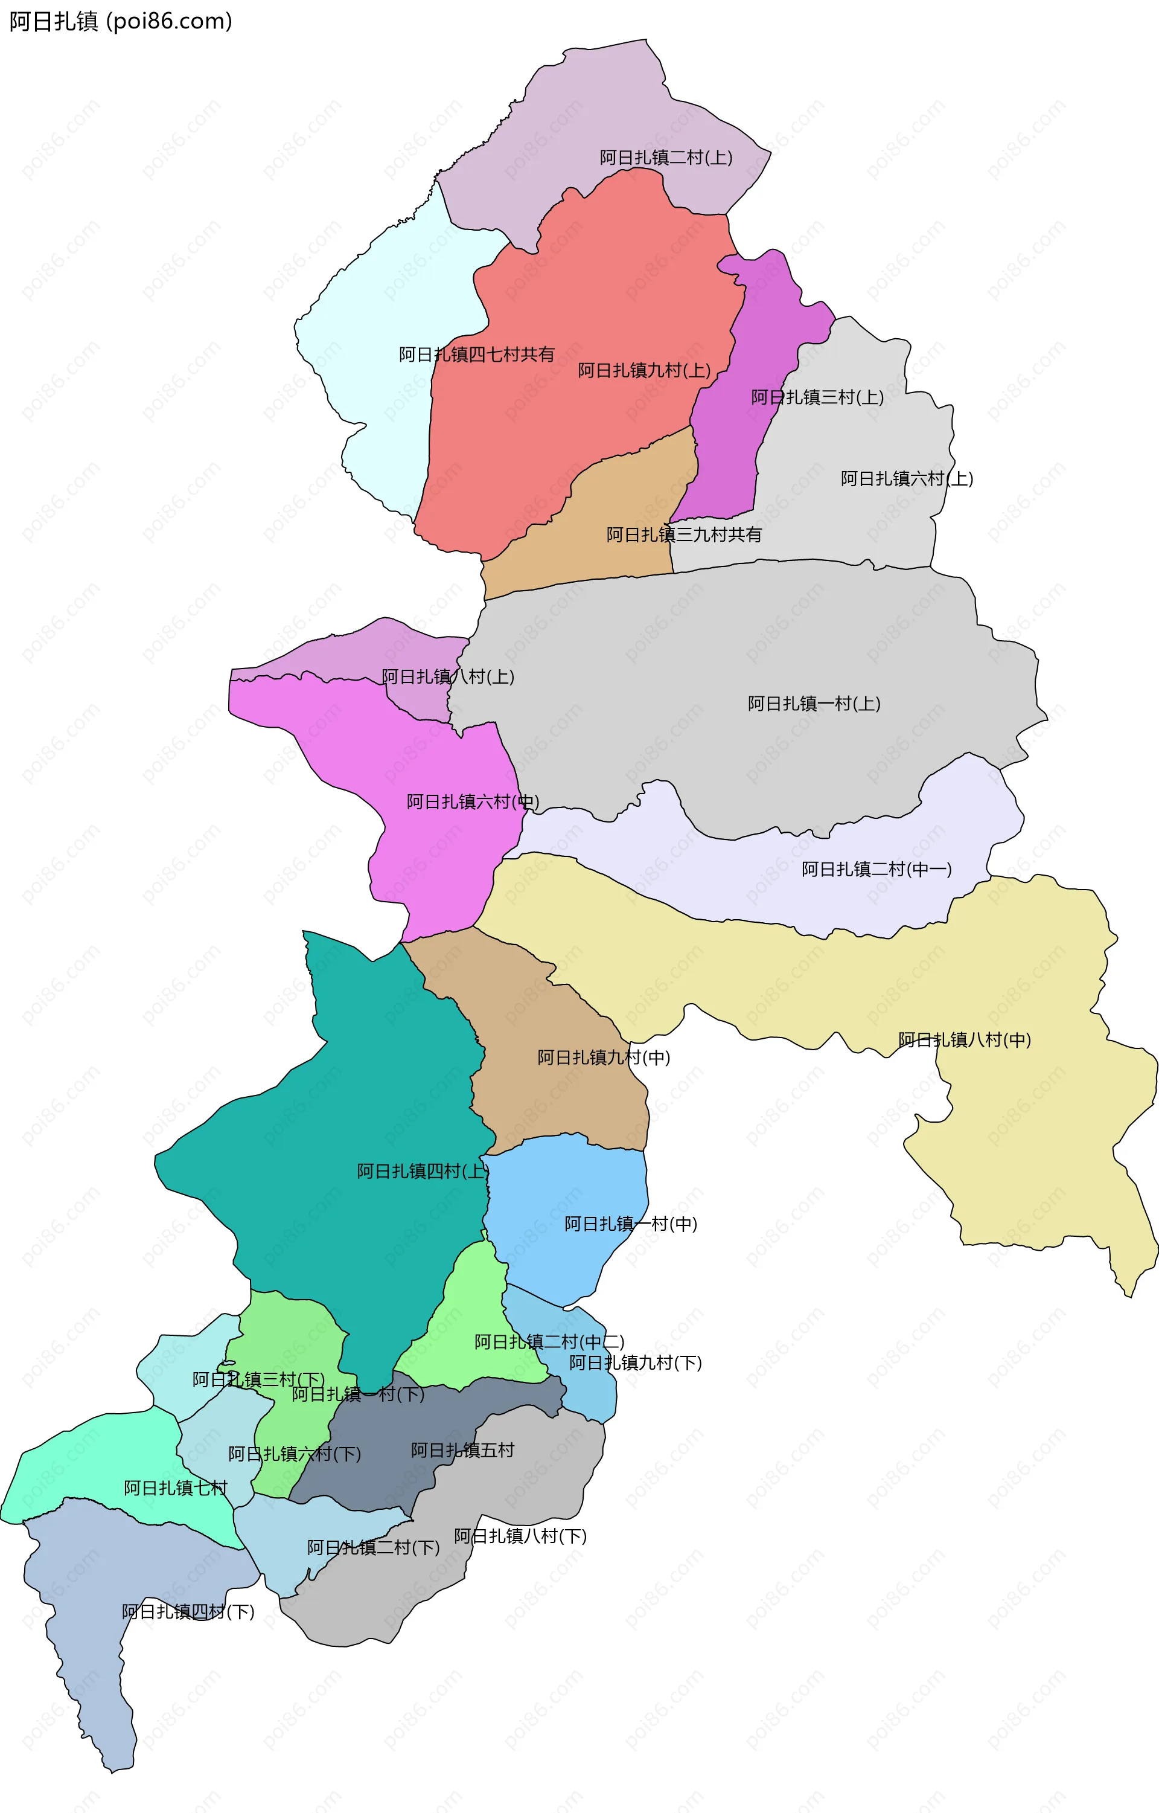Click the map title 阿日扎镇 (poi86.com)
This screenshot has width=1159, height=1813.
pos(120,21)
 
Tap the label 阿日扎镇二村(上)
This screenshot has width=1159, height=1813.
pos(666,158)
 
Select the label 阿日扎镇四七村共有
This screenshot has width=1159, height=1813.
pos(476,355)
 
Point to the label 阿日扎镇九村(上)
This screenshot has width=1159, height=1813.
pos(644,370)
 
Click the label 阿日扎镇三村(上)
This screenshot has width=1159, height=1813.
pos(817,397)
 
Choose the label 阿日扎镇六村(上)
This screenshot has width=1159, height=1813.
pos(907,479)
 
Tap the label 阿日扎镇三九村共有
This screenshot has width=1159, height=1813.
pos(684,534)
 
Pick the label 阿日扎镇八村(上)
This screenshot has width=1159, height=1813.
pos(448,677)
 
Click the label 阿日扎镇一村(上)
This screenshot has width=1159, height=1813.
pos(814,703)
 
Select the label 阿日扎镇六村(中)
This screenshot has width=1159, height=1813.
pos(473,802)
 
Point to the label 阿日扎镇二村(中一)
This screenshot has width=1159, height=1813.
pos(876,870)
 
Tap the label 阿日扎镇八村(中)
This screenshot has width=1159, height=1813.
pos(965,1040)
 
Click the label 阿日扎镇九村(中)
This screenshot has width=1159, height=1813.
pos(604,1057)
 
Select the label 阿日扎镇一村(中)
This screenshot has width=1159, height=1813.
pos(631,1224)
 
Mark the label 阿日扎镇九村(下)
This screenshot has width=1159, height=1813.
pos(635,1362)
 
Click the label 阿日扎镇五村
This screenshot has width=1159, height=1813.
pos(463,1450)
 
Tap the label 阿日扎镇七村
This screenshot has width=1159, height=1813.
pos(175,1487)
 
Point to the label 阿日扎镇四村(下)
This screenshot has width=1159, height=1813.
pos(188,1611)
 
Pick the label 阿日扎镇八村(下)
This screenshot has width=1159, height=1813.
pos(520,1536)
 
